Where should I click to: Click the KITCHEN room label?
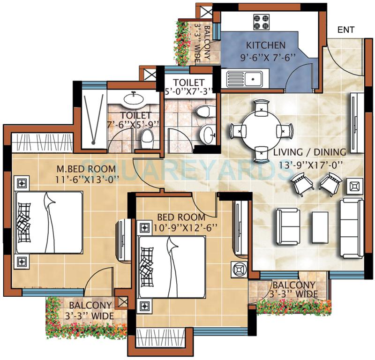pyautogui.click(x=265, y=45)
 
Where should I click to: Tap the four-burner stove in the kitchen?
pyautogui.click(x=261, y=21)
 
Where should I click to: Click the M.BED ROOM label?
pyautogui.click(x=86, y=168)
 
